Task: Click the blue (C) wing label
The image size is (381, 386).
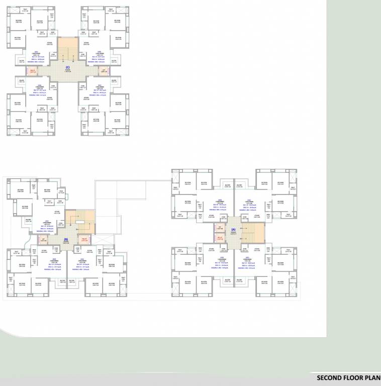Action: point(67,67)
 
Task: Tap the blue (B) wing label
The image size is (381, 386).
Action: point(66,240)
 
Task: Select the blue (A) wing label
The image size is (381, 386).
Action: point(233,230)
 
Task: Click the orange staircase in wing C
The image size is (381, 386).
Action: point(67,50)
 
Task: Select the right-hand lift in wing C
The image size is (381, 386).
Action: point(103,71)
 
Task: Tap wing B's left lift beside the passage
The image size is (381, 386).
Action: point(43,240)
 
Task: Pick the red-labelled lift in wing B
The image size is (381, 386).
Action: point(85,240)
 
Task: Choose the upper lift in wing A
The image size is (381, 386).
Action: point(220,227)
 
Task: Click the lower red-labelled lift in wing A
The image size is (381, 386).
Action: point(220,238)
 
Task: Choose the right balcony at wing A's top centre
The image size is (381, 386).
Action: point(240,185)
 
